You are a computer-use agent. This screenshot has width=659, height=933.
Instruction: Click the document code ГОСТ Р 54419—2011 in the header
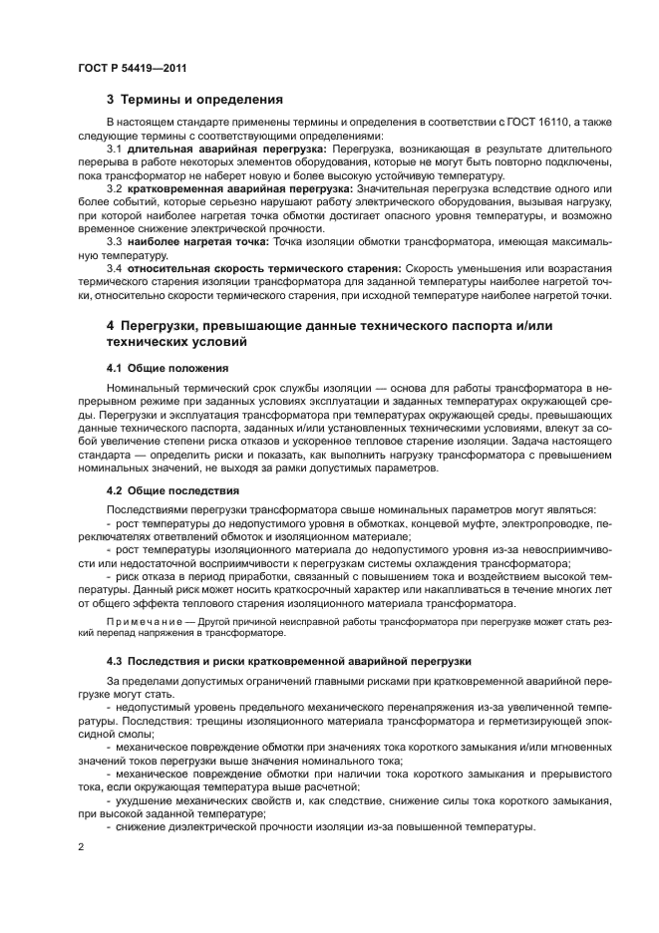pos(132,68)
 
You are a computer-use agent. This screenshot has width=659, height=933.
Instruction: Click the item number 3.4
pos(115,268)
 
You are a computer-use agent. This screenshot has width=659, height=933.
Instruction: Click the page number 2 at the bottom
pos(80,846)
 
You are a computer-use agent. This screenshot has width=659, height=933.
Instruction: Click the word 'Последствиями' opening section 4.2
pos(150,509)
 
